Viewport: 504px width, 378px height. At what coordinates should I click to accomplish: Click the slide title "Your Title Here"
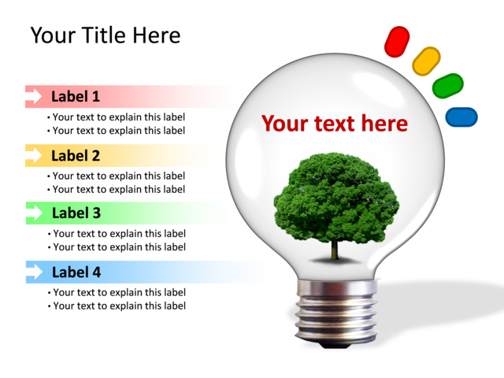[105, 35]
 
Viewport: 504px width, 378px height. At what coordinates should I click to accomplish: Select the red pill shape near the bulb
[397, 41]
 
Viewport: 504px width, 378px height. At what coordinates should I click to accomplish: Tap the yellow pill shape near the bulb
[426, 61]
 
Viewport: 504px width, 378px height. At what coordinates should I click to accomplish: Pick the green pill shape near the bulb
[448, 85]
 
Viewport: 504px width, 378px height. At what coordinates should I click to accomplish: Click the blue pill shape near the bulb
[461, 117]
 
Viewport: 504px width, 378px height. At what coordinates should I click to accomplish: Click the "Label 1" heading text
[76, 97]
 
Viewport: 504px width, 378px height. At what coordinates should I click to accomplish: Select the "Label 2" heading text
[76, 155]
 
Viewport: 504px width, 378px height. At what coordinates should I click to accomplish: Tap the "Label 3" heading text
[76, 213]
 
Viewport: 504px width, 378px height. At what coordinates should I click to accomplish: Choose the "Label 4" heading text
[76, 272]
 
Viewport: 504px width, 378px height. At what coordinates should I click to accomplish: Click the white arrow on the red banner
[35, 96]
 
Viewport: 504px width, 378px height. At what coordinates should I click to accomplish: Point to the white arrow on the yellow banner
[35, 155]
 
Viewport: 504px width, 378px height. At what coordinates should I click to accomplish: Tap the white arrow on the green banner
[35, 213]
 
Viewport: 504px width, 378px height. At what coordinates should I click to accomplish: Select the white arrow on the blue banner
[35, 272]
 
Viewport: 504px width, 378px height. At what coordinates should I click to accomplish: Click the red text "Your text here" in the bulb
[335, 124]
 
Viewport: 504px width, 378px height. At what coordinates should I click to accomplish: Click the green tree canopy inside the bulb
[335, 197]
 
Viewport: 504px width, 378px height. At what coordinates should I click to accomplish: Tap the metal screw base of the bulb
[335, 315]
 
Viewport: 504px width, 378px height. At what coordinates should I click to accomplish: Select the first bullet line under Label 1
[118, 117]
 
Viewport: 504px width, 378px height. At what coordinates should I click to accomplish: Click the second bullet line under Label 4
[118, 306]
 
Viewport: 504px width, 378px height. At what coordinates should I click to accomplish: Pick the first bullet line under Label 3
[118, 233]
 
